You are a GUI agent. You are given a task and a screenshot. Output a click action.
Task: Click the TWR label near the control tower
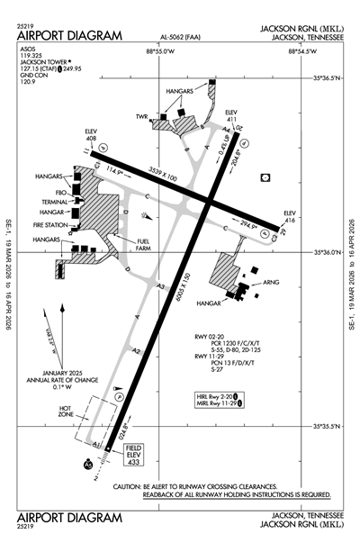(140, 117)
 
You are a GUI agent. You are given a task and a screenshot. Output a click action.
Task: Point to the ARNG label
(271, 282)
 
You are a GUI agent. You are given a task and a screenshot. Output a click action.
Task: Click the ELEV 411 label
(231, 115)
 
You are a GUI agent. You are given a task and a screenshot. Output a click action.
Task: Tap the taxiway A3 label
(161, 286)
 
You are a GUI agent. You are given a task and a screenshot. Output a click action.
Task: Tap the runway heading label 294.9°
(248, 225)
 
